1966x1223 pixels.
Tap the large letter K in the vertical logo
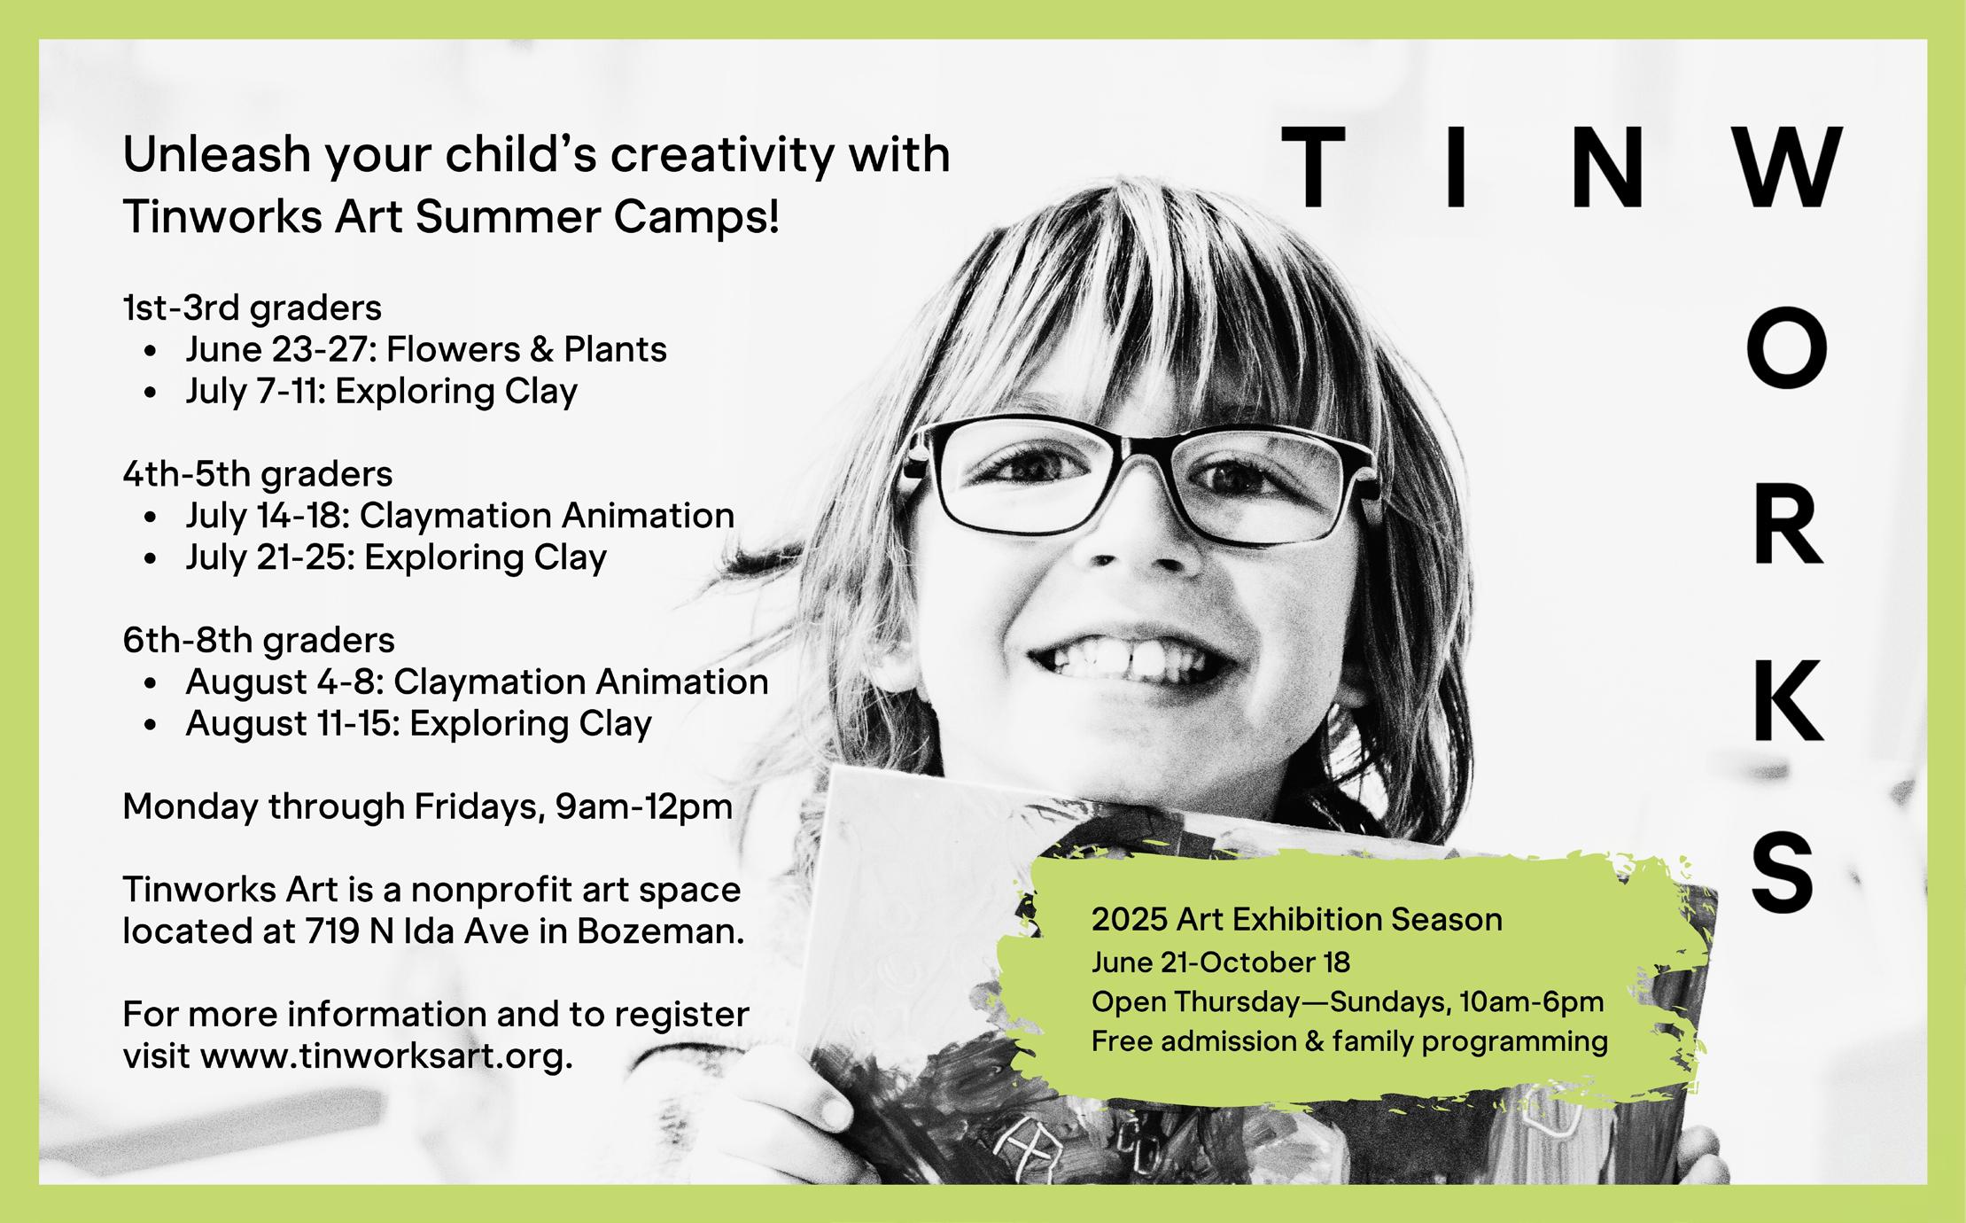[x=1787, y=700]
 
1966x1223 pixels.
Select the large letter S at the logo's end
[x=1784, y=873]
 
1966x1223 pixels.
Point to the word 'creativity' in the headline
[x=722, y=156]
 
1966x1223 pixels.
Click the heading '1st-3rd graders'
[x=252, y=308]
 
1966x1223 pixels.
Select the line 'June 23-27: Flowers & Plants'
[x=426, y=349]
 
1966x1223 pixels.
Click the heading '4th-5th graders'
[x=257, y=474]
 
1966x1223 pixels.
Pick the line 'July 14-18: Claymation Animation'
[x=460, y=516]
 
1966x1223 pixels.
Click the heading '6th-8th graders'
[x=259, y=640]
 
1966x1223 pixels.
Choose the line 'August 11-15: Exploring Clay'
[x=418, y=723]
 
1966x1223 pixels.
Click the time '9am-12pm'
[x=644, y=807]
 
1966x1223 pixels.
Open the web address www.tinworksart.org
[x=386, y=1057]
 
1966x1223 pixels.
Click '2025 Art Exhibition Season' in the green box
[x=1297, y=920]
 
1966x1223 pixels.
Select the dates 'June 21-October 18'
[x=1221, y=962]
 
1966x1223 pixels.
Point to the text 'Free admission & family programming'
[x=1349, y=1041]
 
